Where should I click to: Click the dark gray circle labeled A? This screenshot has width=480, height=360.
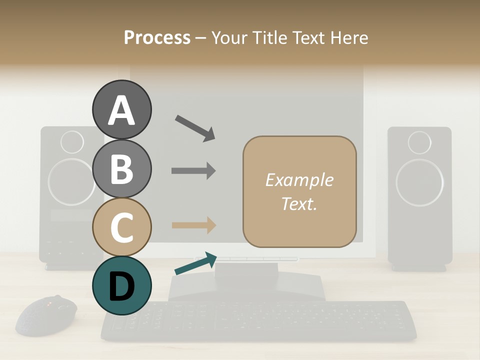tap(121, 110)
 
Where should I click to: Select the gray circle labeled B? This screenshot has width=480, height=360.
tap(121, 168)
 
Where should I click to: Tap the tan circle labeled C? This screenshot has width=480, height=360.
tap(121, 227)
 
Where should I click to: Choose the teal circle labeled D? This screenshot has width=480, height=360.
tap(121, 285)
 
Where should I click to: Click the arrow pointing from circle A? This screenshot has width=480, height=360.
tap(195, 127)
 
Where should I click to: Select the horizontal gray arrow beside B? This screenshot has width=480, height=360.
tap(193, 170)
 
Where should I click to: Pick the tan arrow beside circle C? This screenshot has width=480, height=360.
tap(193, 225)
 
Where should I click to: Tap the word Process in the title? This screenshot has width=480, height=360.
tap(157, 37)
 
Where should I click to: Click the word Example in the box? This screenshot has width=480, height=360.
tap(299, 180)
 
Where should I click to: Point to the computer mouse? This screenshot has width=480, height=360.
tap(46, 315)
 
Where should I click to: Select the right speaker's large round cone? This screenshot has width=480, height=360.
tap(419, 182)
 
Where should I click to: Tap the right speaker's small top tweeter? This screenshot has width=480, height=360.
tap(419, 142)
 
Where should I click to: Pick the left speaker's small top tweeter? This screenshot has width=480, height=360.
tap(72, 142)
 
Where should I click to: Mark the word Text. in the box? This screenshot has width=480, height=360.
tap(299, 204)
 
